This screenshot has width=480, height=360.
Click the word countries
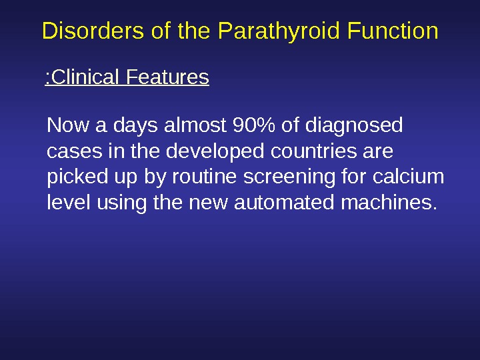pyautogui.click(x=313, y=151)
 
